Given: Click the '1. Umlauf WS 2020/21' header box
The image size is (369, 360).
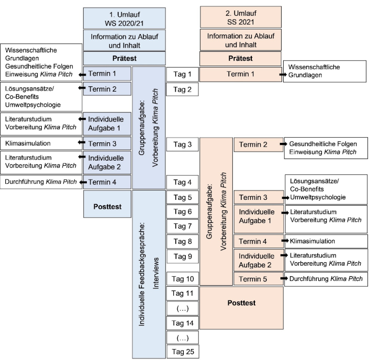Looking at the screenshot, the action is (x=124, y=18).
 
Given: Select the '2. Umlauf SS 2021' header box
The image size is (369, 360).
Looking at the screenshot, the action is (x=241, y=17).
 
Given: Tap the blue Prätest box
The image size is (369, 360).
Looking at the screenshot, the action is (x=124, y=59).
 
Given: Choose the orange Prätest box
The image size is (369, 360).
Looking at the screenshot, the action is (x=240, y=59).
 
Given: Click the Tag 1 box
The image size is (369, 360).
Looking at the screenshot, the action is (x=182, y=74).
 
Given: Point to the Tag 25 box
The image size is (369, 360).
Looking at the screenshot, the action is (x=183, y=352).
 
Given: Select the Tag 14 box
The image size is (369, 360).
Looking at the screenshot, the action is (x=183, y=323).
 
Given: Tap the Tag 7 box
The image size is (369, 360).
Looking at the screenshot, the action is (x=183, y=226).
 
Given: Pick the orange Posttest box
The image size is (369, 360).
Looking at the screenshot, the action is (x=241, y=308).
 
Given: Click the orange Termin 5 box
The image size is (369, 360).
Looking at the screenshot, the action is (x=259, y=279).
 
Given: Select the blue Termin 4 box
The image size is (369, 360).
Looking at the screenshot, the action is (x=107, y=182).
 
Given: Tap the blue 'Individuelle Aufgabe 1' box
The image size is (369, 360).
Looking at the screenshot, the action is (x=107, y=124).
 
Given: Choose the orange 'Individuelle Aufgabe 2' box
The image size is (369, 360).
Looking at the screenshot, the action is (x=259, y=261).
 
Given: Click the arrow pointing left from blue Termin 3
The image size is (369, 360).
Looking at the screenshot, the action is (x=82, y=142).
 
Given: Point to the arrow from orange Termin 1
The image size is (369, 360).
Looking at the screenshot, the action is (x=283, y=75).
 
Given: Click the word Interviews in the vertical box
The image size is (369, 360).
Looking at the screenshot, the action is (x=156, y=273).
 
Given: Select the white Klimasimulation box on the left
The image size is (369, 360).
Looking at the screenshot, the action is (x=41, y=143).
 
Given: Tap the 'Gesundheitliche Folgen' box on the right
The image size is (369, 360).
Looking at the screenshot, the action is (x=326, y=148).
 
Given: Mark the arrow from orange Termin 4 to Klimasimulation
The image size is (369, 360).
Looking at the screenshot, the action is (x=285, y=241).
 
